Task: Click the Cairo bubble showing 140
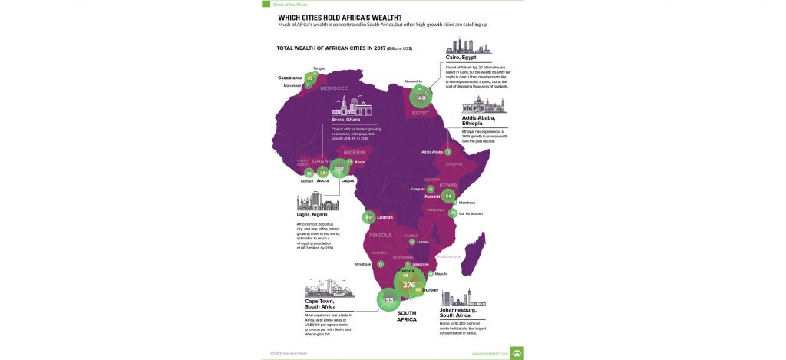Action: (420, 98)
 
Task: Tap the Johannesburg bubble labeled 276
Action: (408, 285)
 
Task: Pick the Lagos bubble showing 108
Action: (339, 168)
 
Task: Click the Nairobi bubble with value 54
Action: (447, 196)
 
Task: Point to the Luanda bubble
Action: (369, 217)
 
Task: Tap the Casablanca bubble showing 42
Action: (310, 78)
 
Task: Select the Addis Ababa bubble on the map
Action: (447, 152)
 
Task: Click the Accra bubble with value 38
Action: (322, 173)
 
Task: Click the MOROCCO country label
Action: (334, 88)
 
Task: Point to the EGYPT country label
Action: (421, 113)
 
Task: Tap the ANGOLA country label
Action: (381, 235)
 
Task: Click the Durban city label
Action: (430, 291)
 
